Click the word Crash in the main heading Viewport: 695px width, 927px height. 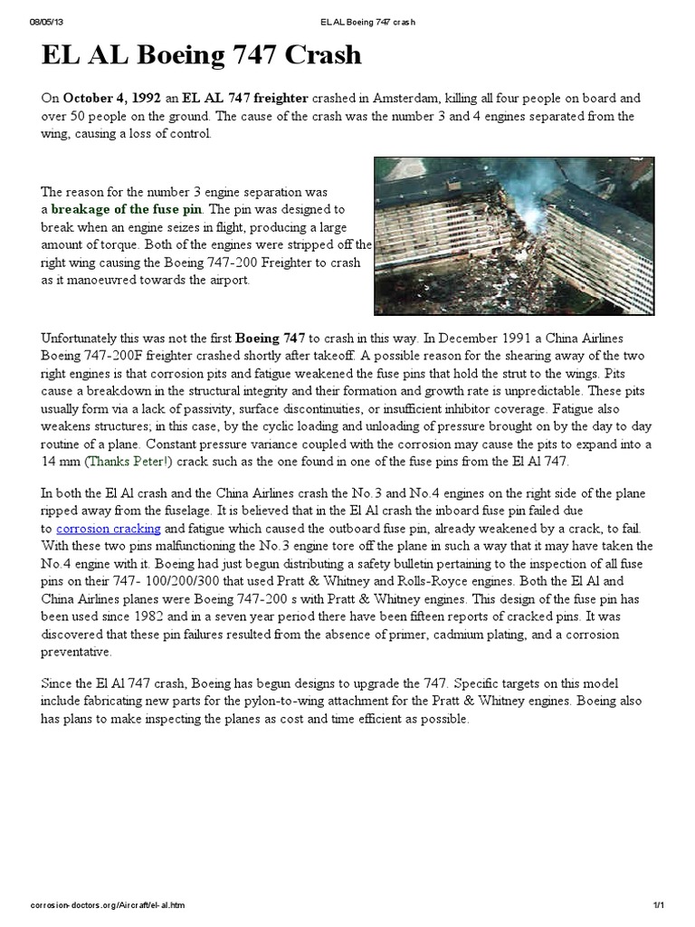coord(313,56)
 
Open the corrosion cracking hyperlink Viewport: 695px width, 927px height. coord(109,528)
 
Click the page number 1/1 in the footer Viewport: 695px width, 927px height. coord(658,905)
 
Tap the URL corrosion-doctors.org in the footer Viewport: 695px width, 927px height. coord(109,905)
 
